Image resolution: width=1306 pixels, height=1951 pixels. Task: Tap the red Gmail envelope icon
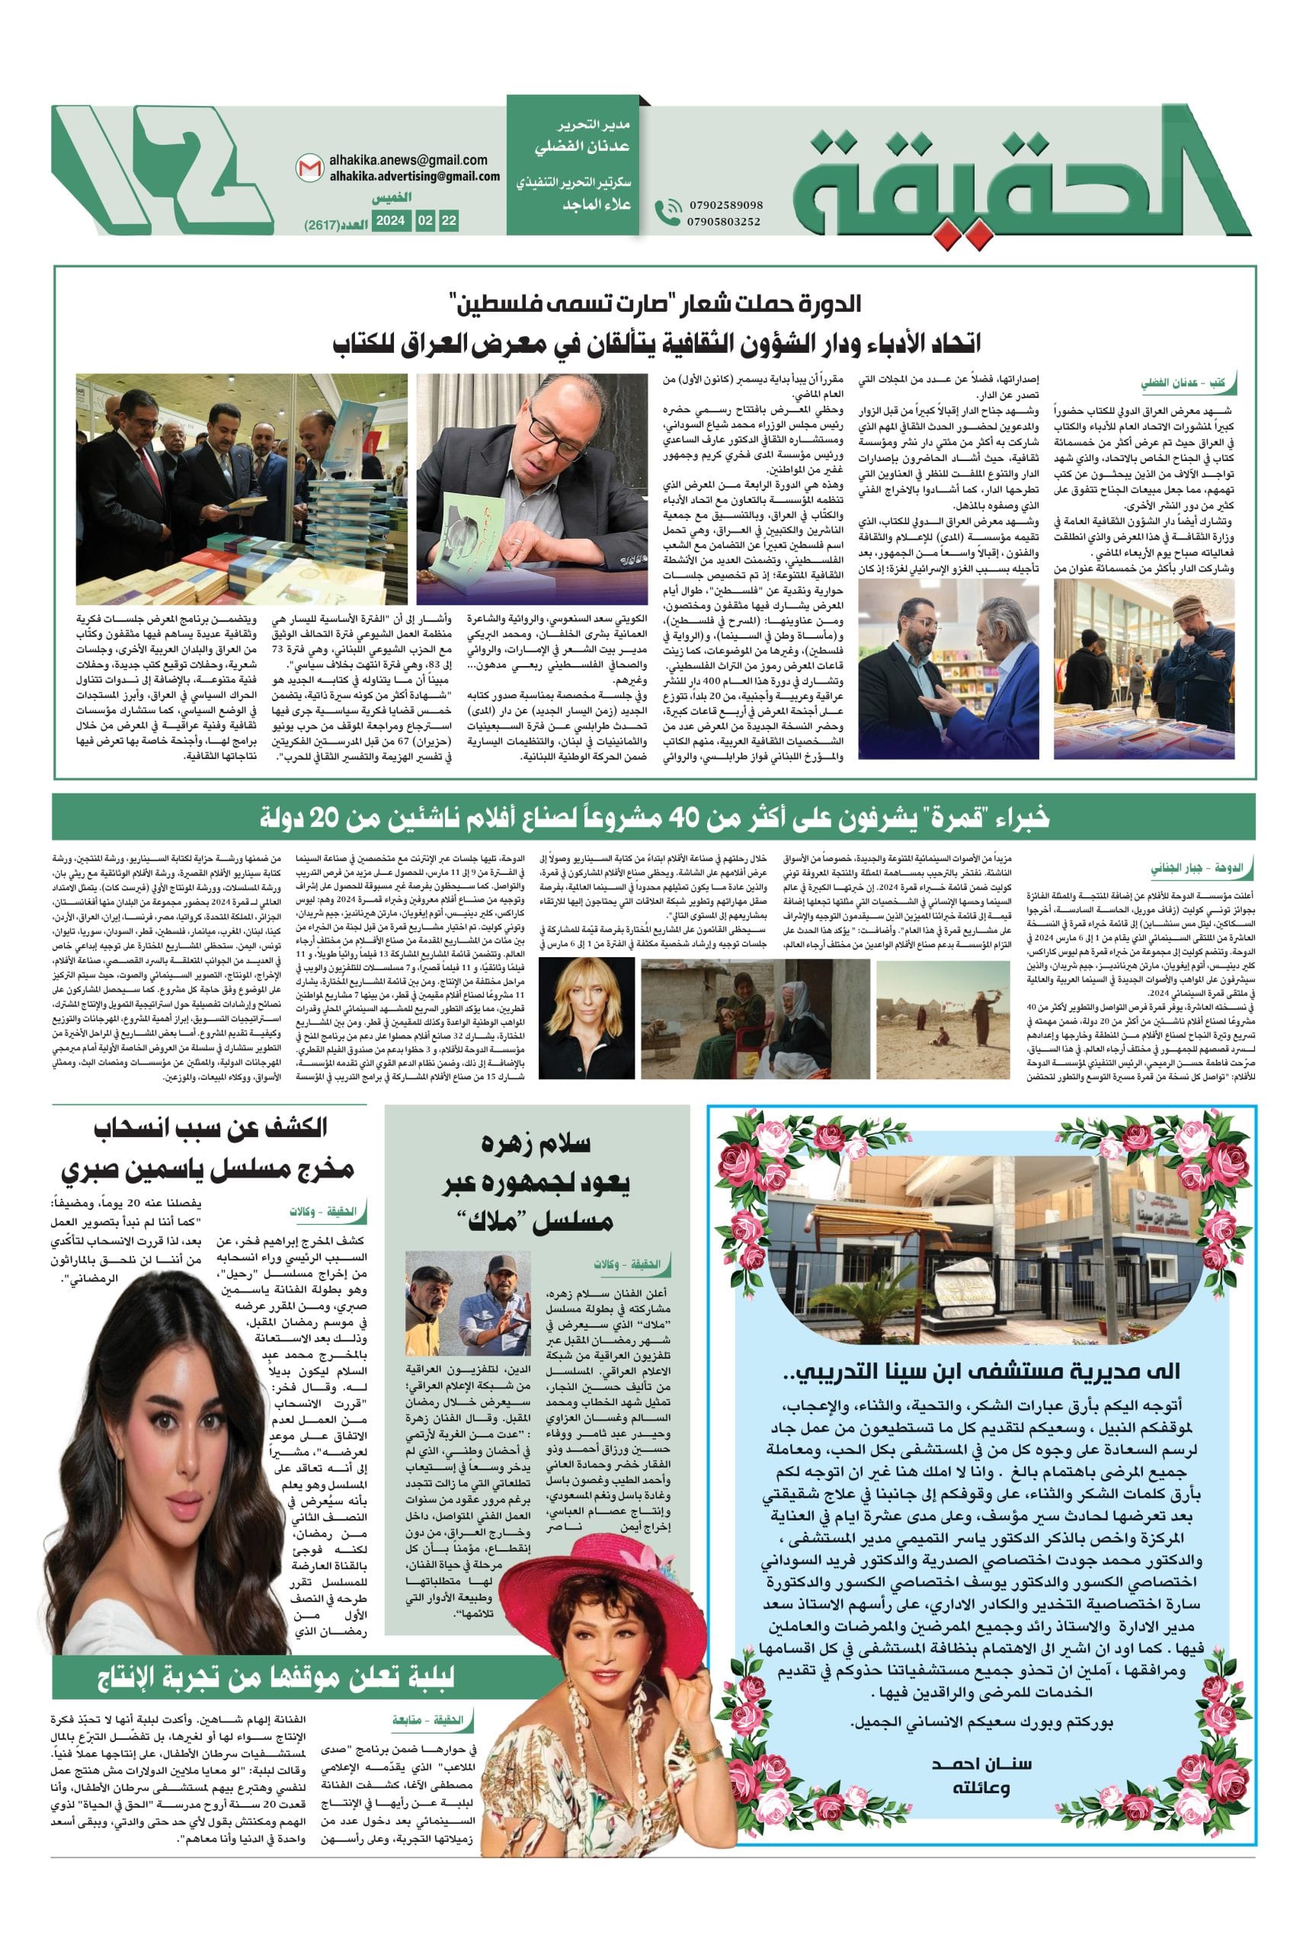306,168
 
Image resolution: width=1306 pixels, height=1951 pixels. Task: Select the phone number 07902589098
725,205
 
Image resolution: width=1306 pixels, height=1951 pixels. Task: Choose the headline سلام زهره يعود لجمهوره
538,1181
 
